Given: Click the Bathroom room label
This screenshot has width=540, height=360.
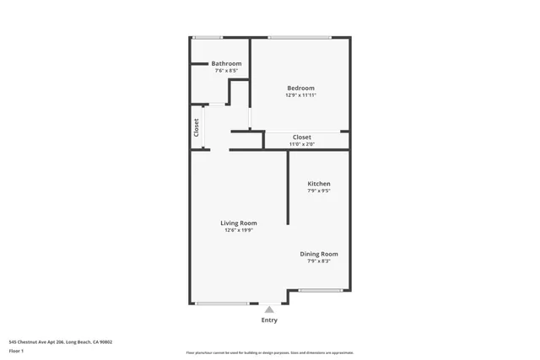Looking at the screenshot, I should point(226,64).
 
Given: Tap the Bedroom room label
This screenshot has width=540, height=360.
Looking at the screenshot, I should point(300,89).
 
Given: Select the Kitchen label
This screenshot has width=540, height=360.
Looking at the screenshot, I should point(318,184).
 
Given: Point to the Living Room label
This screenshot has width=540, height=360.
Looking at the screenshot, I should point(239,223).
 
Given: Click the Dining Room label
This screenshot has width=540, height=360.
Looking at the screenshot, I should point(319,254).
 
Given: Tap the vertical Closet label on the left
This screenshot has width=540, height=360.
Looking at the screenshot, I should point(197,127).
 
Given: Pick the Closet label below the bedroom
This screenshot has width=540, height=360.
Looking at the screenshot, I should point(301,137).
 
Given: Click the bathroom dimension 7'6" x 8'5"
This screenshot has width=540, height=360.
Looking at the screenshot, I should point(226,71).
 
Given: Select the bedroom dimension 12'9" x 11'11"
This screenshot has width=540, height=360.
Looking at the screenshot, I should point(300,95).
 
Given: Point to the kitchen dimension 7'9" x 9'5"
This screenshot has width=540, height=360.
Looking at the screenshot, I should point(318,191).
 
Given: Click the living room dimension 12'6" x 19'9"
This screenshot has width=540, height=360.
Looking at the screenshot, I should point(239,230).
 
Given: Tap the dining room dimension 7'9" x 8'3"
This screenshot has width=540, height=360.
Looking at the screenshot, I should point(319,261).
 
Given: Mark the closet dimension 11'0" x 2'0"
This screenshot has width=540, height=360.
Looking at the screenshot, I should point(301,144).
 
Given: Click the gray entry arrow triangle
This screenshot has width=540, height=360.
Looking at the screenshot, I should point(269,309).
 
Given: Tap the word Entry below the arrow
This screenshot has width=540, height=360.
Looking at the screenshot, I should point(269,320).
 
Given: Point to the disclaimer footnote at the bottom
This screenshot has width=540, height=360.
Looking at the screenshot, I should point(269,352).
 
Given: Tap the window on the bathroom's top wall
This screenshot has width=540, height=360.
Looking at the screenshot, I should point(208,37).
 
